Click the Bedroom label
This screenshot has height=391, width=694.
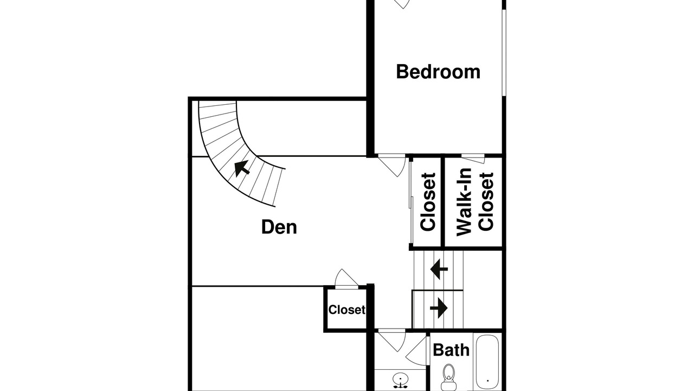[x=438, y=72]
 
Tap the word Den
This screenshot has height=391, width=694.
[x=279, y=227]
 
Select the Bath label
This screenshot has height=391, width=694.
[x=451, y=350]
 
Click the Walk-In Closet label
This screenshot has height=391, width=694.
[x=474, y=202]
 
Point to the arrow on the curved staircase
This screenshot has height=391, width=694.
[x=242, y=168]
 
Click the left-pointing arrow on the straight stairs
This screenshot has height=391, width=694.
[x=439, y=269]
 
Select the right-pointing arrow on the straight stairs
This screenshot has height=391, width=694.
[x=439, y=308]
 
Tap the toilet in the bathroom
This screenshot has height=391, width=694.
[x=448, y=377]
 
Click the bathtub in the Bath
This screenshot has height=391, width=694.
[x=487, y=362]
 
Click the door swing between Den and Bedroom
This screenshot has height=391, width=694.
[x=391, y=166]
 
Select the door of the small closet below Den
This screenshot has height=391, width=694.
[x=346, y=279]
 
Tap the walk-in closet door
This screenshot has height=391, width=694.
[x=473, y=158]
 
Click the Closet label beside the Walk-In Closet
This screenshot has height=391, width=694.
[x=428, y=202]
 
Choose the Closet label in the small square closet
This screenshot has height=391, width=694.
[x=346, y=310]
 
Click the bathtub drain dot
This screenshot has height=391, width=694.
[x=487, y=381]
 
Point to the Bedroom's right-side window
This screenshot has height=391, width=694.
[x=504, y=52]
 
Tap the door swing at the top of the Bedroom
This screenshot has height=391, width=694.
[x=402, y=4]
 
